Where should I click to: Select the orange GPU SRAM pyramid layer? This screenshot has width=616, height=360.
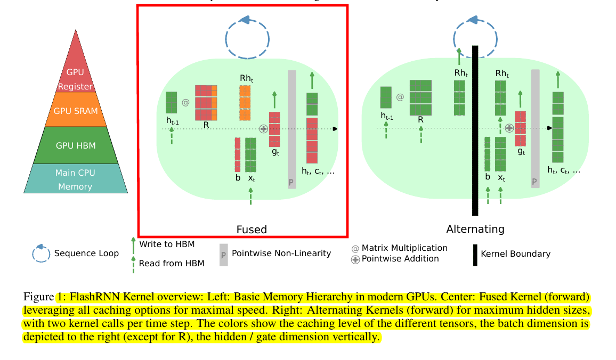pyautogui.click(x=76, y=110)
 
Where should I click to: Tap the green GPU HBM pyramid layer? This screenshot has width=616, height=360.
pyautogui.click(x=76, y=144)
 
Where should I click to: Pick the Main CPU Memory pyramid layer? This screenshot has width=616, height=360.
pyautogui.click(x=76, y=179)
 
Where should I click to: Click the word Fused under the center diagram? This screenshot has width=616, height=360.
pyautogui.click(x=252, y=230)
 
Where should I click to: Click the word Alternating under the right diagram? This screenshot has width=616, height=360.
pyautogui.click(x=475, y=230)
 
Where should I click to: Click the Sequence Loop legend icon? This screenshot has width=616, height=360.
pyautogui.click(x=40, y=253)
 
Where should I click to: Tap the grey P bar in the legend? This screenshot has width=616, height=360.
pyautogui.click(x=223, y=255)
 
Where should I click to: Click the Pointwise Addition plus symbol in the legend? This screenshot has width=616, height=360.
pyautogui.click(x=355, y=259)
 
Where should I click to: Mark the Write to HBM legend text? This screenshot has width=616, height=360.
pyautogui.click(x=167, y=244)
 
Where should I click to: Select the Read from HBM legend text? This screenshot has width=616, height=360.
pyautogui.click(x=171, y=263)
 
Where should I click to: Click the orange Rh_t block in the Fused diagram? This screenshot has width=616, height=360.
pyautogui.click(x=245, y=98)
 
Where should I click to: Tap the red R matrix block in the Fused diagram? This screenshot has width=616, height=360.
pyautogui.click(x=206, y=103)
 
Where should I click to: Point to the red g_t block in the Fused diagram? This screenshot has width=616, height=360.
pyautogui.click(x=274, y=129)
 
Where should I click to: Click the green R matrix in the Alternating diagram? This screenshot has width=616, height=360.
pyautogui.click(x=420, y=97)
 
